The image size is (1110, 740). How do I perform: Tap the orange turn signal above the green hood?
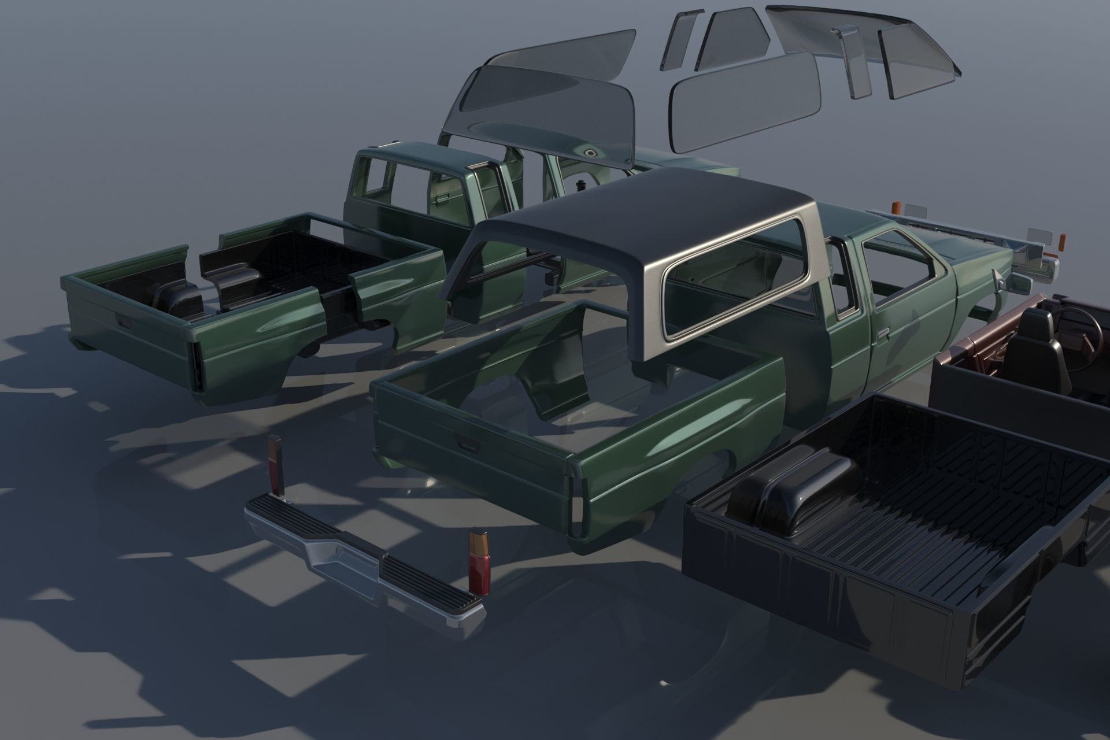[x=898, y=207]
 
